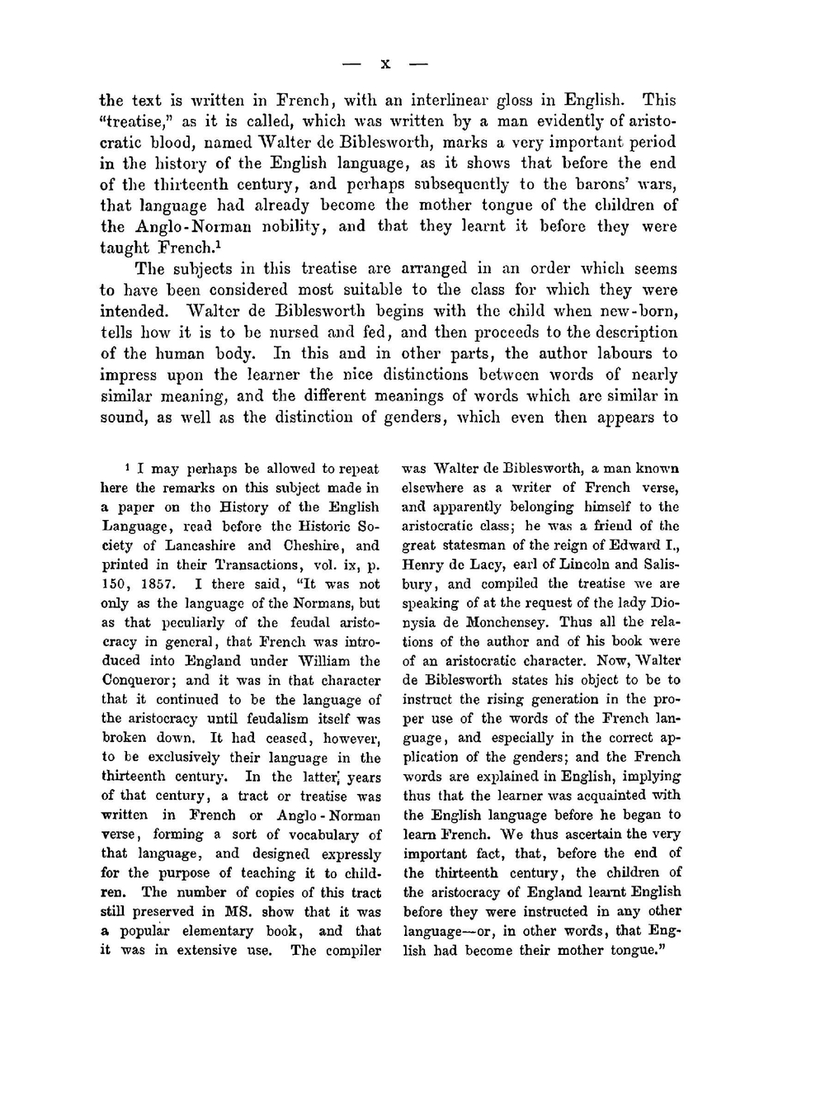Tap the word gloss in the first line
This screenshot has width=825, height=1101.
click(514, 102)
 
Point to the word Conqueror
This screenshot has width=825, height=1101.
click(139, 680)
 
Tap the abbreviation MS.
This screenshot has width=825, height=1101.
click(243, 911)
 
